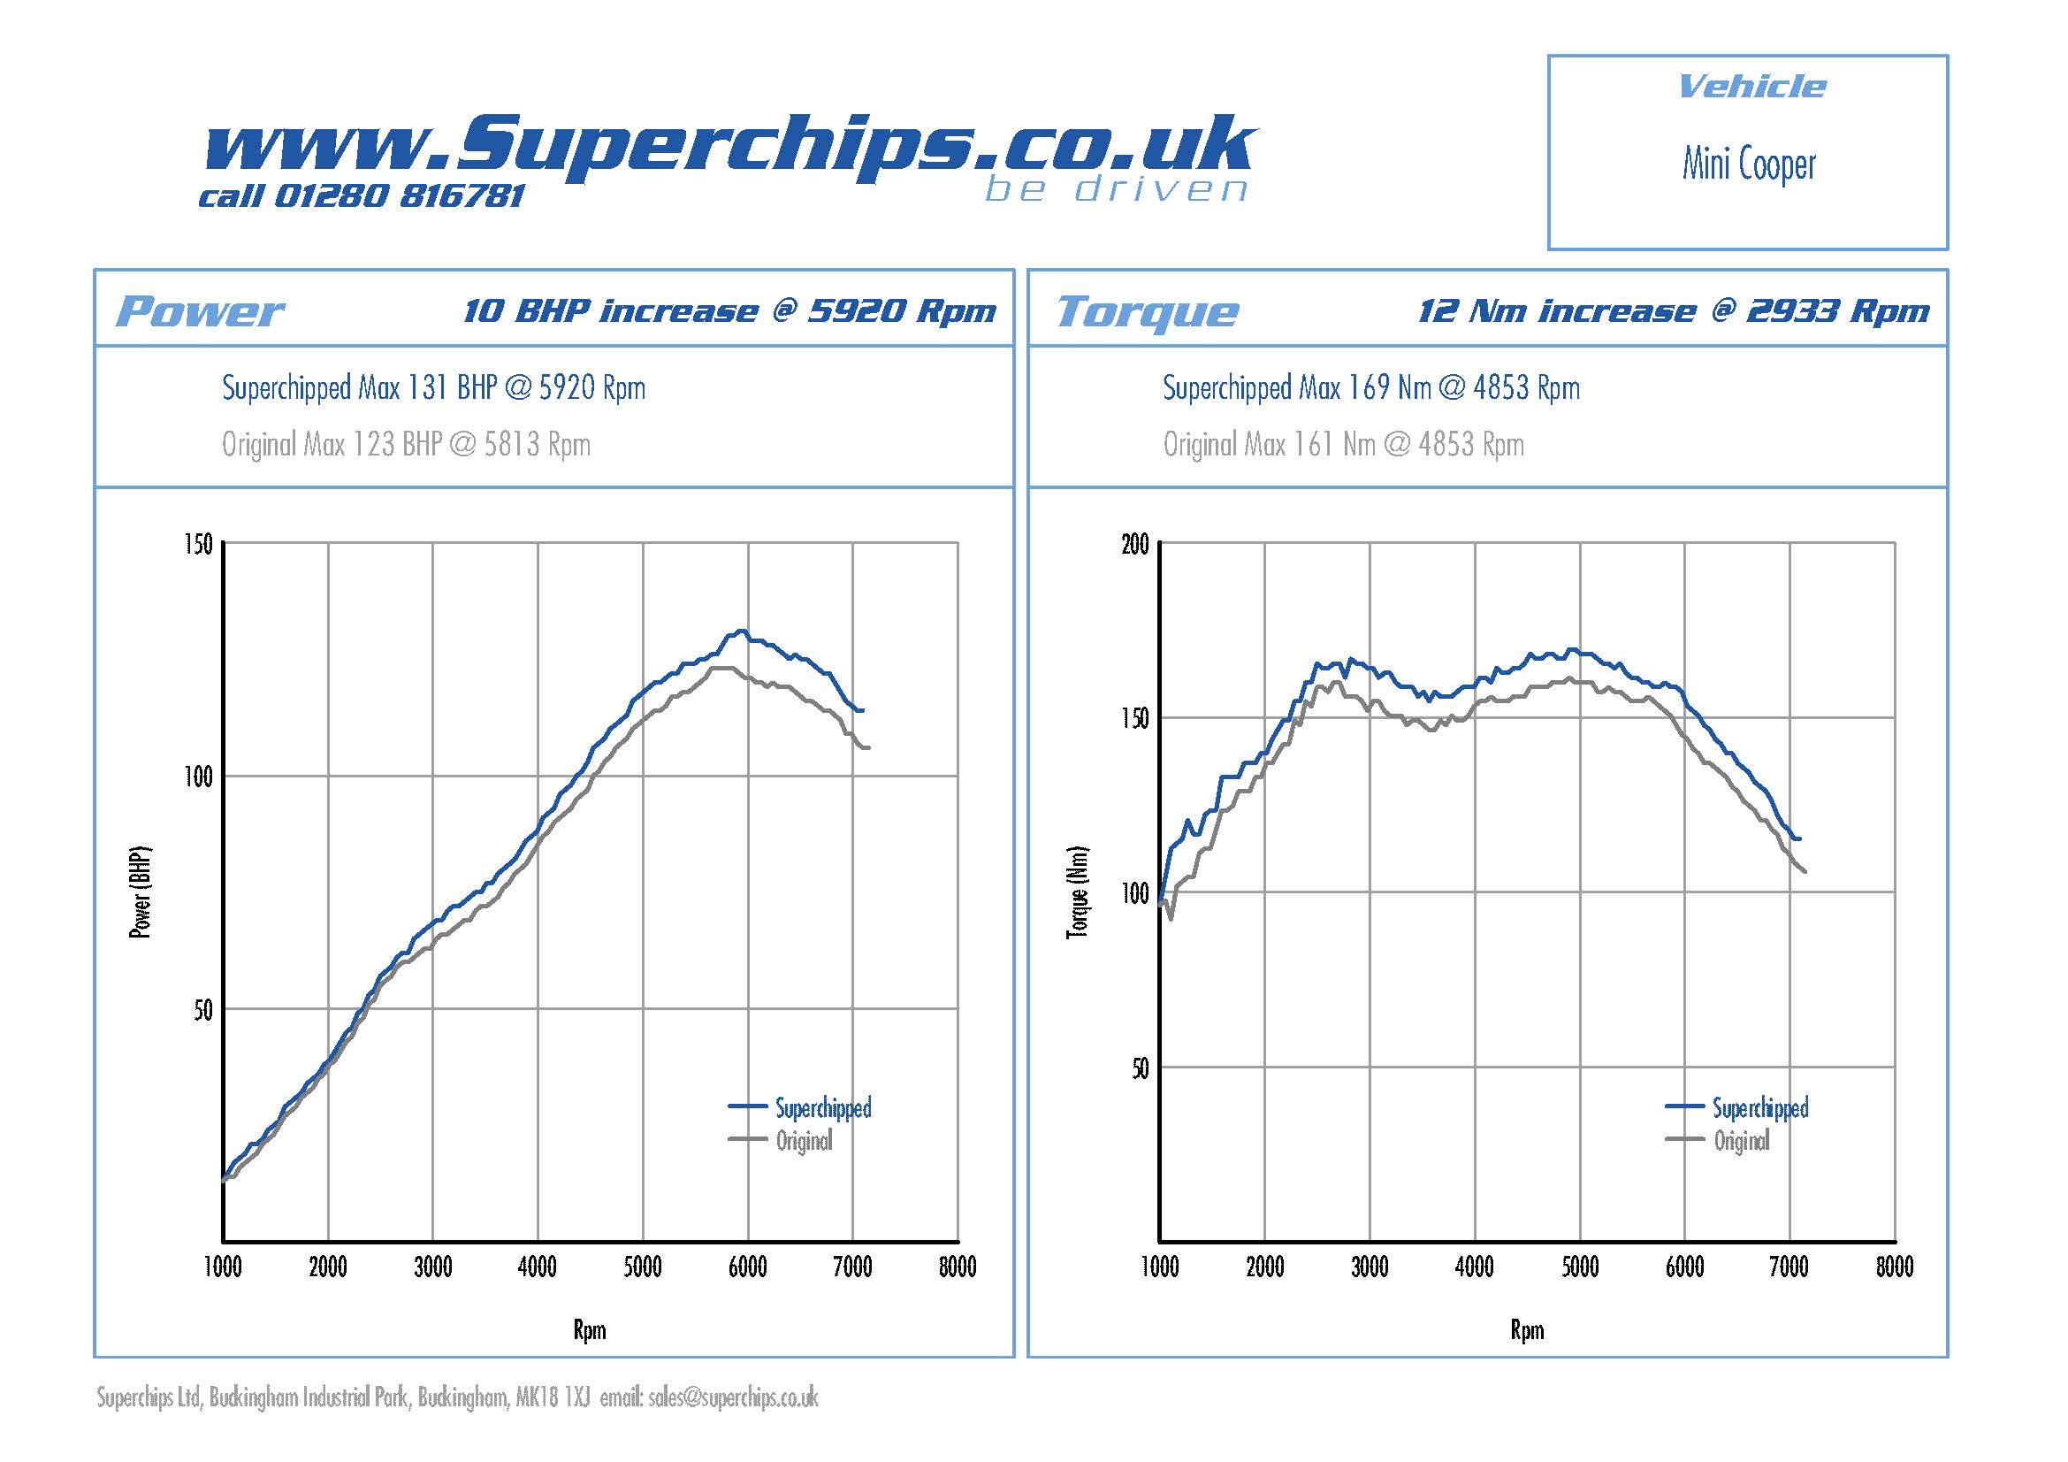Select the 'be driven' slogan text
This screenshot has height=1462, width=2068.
coord(1116,190)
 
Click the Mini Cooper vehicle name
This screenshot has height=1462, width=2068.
coord(1748,165)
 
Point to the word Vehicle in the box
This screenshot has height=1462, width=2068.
coord(1751,87)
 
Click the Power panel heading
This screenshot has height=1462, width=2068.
coord(200,311)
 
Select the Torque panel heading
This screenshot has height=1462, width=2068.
coord(1148,311)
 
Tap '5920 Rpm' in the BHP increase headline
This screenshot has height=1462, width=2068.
coord(902,310)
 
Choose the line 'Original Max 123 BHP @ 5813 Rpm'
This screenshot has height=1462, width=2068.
coord(406,444)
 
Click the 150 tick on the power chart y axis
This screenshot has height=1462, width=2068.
coord(198,544)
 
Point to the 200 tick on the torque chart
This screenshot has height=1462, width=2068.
coord(1135,544)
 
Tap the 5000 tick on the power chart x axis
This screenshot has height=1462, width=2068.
coord(642,1267)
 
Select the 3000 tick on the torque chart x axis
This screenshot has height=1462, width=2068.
coord(1369,1267)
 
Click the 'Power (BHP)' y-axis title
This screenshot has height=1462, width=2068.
coord(141,892)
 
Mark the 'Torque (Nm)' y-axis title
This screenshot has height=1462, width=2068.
coord(1077,892)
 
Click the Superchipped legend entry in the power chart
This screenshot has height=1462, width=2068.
coord(822,1108)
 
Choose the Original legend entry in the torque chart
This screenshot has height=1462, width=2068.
coord(1741,1141)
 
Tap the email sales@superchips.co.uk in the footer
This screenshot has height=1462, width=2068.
coord(732,1398)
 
